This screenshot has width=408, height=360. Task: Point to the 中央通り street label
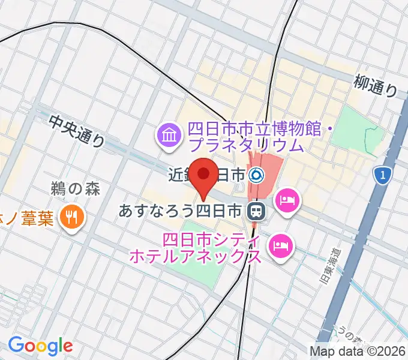tap(78, 131)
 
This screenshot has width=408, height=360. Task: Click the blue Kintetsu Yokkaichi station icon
tap(257, 175)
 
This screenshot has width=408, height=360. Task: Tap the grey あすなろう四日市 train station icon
tap(256, 211)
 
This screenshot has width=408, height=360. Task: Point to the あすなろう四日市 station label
tap(180, 211)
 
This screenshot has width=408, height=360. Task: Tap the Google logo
tap(40, 345)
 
